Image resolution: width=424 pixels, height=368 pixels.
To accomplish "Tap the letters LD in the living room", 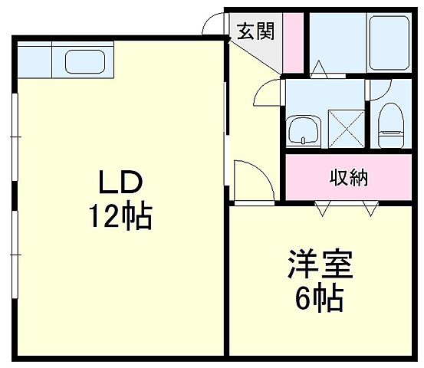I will pos(119,184).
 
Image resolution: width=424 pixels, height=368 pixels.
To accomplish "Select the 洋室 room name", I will pos(320,266).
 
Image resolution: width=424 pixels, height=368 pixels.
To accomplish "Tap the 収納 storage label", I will pos(349,178).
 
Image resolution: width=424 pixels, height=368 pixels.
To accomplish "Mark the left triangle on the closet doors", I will pos(322,205).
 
